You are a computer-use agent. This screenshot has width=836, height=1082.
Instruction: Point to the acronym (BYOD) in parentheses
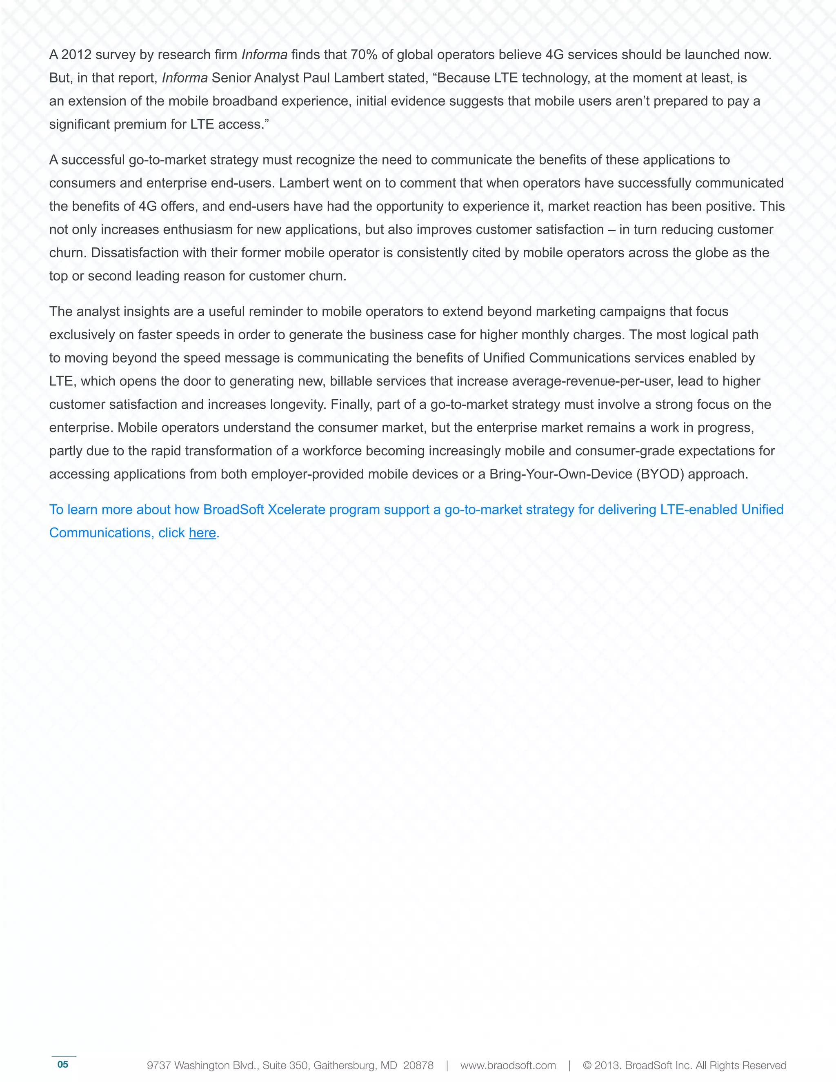[x=661, y=474]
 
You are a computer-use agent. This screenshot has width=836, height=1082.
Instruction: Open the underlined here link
[x=202, y=533]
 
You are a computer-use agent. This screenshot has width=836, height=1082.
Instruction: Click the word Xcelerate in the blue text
[x=296, y=510]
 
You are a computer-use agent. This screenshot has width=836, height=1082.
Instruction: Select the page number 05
[x=63, y=1064]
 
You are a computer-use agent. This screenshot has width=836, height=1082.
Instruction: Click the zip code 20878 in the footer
[x=418, y=1065]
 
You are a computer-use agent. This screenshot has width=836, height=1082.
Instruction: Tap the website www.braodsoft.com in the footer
[x=508, y=1065]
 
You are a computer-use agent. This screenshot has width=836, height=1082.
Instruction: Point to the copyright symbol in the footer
[x=587, y=1065]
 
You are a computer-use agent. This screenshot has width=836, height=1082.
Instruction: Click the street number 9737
[x=158, y=1065]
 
